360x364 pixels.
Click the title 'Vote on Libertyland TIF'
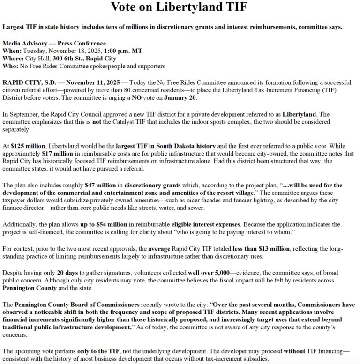pos(180,7)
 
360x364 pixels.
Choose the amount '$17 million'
pos(55,153)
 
